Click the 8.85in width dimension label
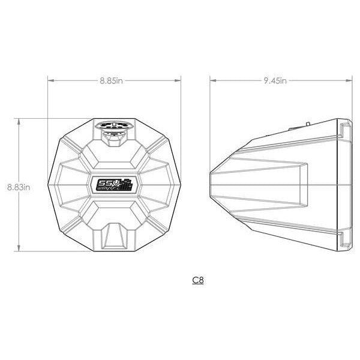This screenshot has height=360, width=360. pyautogui.click(x=114, y=80)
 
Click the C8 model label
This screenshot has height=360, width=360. pyautogui.click(x=197, y=280)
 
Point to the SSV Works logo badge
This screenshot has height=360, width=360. pyautogui.click(x=114, y=185)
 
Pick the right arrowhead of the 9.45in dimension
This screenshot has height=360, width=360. pyautogui.click(x=350, y=79)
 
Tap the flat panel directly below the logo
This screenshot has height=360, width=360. pyautogui.click(x=114, y=211)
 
